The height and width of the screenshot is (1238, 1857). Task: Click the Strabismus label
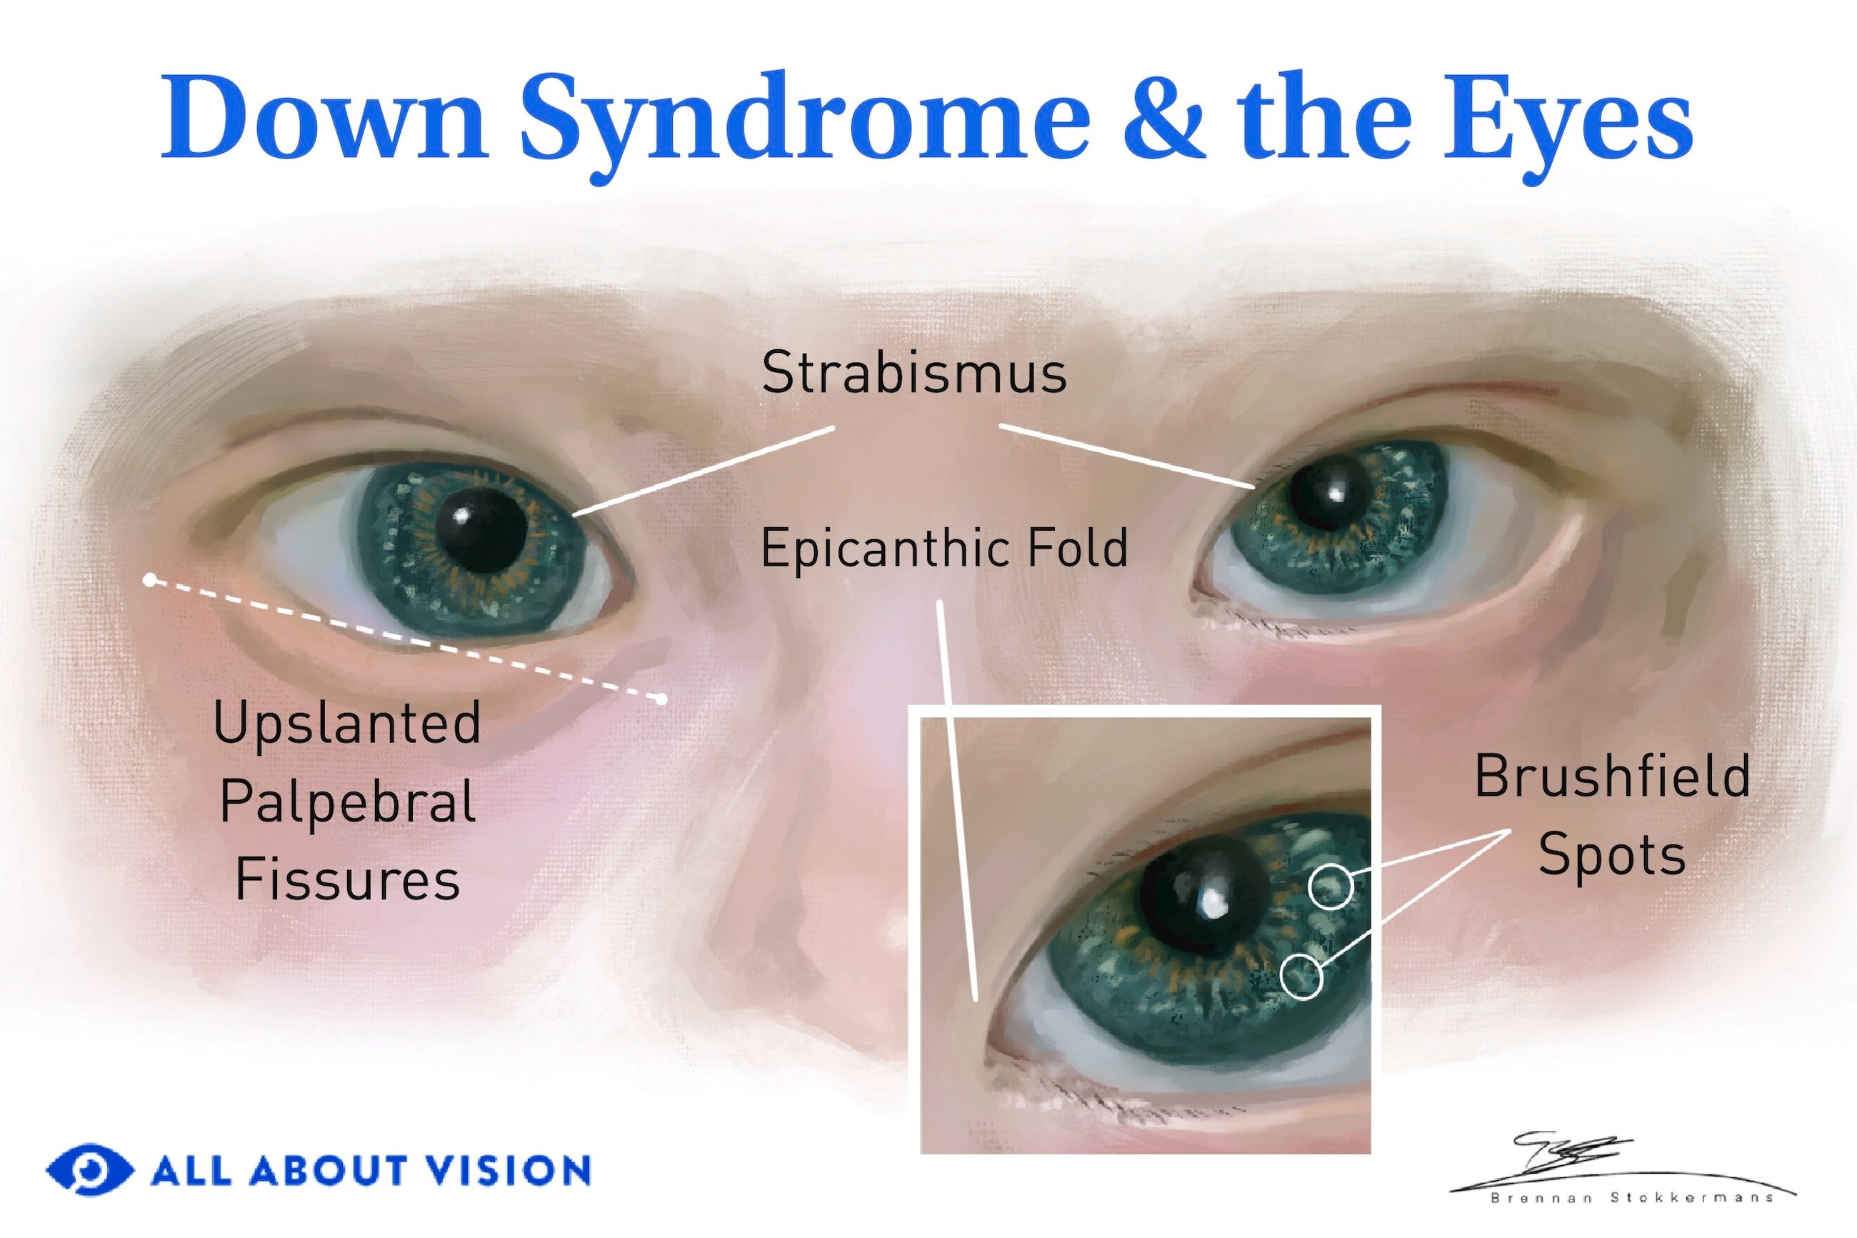(x=914, y=372)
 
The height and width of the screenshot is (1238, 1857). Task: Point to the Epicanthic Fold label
(x=944, y=548)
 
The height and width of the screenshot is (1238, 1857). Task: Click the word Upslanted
(x=347, y=724)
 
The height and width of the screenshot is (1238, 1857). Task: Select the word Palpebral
(x=347, y=802)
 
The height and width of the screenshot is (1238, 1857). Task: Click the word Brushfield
(x=1612, y=775)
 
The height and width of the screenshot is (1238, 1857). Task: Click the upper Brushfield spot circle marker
(x=1331, y=886)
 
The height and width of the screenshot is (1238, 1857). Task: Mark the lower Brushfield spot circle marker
(x=1301, y=977)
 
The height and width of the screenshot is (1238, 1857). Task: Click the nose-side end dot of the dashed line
(x=661, y=699)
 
